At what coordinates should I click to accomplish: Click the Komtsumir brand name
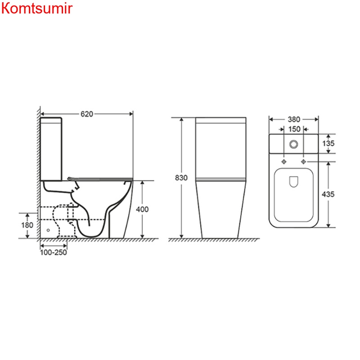point(36,9)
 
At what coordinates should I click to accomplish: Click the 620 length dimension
point(87,114)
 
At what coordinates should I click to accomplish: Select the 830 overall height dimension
point(181,178)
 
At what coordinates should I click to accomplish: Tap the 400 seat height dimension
point(142,209)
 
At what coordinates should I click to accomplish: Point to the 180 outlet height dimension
point(27,225)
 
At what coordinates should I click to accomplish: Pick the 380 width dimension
point(293,120)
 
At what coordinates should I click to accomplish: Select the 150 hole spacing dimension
point(293,129)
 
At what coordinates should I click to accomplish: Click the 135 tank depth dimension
point(329,144)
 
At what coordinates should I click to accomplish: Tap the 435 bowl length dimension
point(329,194)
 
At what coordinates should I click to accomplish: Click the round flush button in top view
point(293,144)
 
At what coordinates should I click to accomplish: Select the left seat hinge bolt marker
point(284,161)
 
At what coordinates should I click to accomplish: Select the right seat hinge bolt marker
point(303,161)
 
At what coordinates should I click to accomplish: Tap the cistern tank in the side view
point(52,148)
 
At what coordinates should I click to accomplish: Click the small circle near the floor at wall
point(48,230)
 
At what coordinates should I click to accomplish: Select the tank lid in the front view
point(221,120)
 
